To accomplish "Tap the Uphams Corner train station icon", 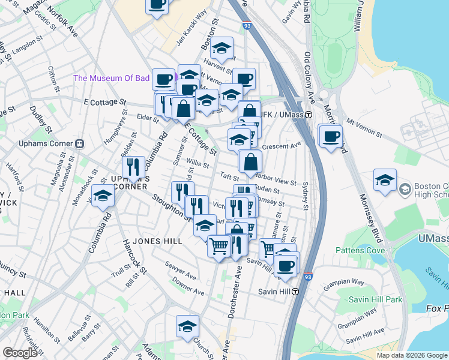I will (x=79, y=144).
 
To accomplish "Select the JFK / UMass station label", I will (x=282, y=115).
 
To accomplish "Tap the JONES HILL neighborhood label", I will (x=157, y=241).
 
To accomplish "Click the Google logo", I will (x=20, y=353).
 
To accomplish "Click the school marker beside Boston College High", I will (x=385, y=179).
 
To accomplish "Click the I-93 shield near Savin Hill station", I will (x=307, y=277).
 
